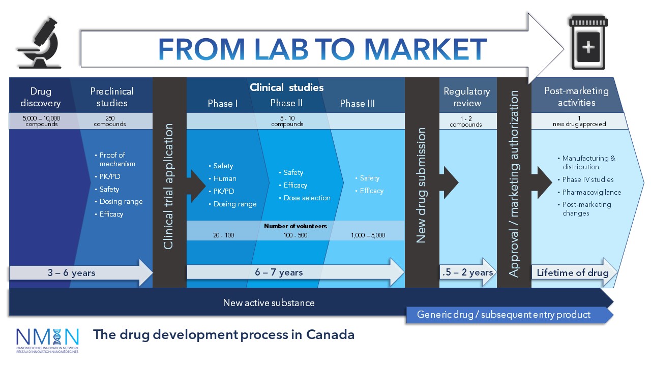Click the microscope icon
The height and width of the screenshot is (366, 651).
(40, 43)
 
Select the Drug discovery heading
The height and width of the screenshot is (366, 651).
(41, 97)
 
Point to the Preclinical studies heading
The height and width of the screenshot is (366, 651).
(112, 97)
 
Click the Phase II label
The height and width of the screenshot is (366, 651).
(286, 103)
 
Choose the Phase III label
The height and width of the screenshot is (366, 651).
(357, 103)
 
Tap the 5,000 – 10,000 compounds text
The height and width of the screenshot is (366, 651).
(42, 121)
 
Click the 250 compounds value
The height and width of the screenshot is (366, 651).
(110, 121)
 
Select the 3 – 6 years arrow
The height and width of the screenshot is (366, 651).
(81, 272)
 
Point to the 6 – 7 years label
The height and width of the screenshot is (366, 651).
(279, 272)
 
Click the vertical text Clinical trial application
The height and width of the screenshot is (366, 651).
(168, 187)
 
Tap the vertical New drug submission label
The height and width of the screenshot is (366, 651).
(421, 186)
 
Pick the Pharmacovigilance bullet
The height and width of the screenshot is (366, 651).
(591, 192)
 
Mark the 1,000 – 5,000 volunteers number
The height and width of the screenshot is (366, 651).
(368, 235)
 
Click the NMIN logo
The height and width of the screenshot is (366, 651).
(47, 341)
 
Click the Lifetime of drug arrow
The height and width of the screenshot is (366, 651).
(574, 272)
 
